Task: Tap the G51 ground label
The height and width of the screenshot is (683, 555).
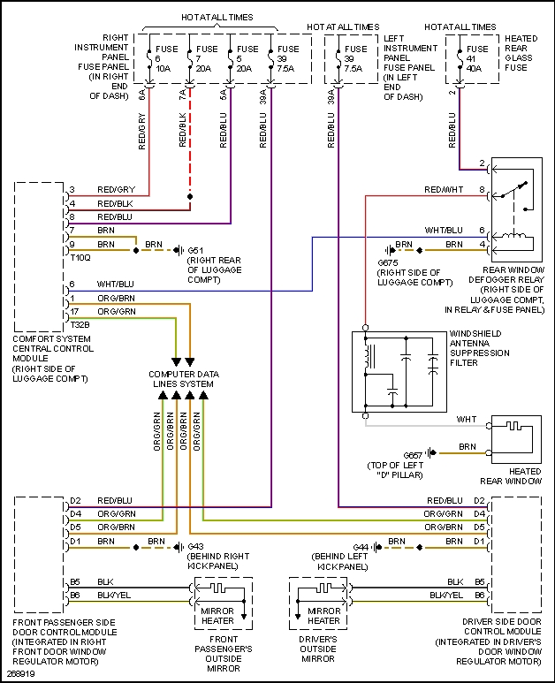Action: tap(195, 250)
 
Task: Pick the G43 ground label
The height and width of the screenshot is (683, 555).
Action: tap(195, 545)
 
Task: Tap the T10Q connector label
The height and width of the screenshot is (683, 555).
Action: tap(80, 256)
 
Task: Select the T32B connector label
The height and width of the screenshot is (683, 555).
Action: tap(80, 323)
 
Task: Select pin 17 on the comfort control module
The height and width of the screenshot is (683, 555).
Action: tap(73, 311)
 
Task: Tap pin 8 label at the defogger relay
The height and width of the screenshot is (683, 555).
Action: tap(482, 190)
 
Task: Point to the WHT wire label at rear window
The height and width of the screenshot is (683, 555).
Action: tap(467, 418)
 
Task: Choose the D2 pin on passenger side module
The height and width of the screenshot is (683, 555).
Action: tap(76, 501)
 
